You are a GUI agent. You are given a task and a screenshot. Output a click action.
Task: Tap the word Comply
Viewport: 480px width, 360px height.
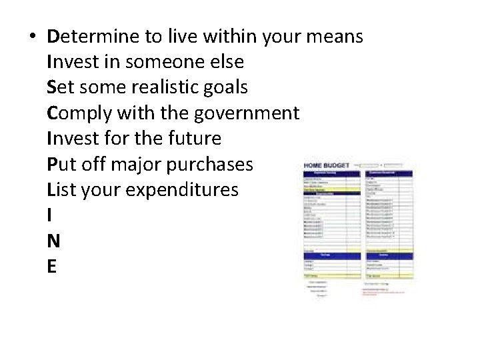(x=79, y=113)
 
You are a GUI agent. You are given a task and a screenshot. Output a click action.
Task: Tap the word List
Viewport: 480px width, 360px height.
(x=62, y=189)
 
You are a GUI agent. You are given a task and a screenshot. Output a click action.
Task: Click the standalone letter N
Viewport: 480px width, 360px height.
(x=54, y=241)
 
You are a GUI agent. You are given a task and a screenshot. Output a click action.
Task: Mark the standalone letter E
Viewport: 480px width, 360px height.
(x=52, y=266)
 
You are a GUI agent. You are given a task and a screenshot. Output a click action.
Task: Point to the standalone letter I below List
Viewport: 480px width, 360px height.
(x=50, y=215)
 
